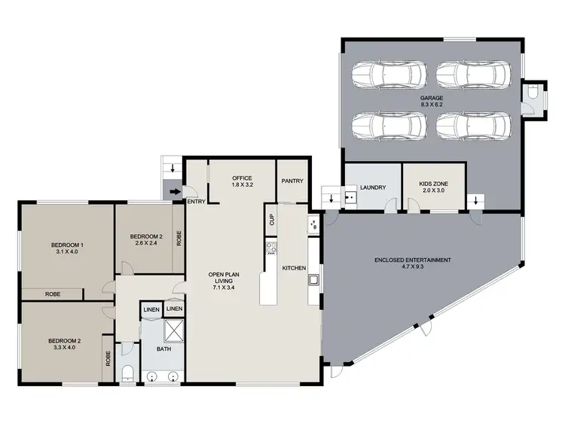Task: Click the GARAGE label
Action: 432,99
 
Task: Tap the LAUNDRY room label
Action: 373,187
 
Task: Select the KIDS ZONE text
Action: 432,184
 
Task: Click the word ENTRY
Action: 197,202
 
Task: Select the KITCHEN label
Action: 293,268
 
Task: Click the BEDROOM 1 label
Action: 67,245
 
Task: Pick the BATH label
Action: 163,349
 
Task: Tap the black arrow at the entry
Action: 176,192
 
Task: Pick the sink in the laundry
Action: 350,199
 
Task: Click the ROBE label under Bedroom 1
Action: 52,294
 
